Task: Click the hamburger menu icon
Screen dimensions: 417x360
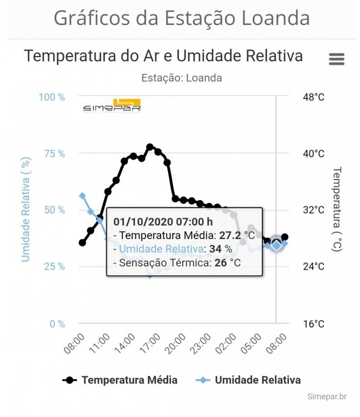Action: [x=337, y=59]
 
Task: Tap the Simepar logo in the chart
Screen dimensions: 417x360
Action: [x=112, y=105]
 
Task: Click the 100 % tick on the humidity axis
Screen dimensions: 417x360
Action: [x=52, y=97]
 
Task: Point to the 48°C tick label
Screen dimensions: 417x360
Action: [x=313, y=97]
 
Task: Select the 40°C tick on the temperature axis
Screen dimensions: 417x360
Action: [x=313, y=153]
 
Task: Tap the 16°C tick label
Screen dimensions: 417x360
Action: [x=313, y=323]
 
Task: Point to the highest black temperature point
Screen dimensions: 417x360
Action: [x=149, y=147]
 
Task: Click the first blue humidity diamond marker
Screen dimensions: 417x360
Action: [x=82, y=196]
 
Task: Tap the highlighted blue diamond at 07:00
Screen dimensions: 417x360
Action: [x=276, y=245]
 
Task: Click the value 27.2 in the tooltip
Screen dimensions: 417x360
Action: [x=231, y=235]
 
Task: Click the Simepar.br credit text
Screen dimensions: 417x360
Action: [x=327, y=396]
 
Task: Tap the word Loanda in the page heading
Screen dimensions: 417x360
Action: [x=275, y=18]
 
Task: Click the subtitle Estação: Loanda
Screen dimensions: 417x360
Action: [x=181, y=78]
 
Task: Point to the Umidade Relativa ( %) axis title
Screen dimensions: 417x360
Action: [x=26, y=209]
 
